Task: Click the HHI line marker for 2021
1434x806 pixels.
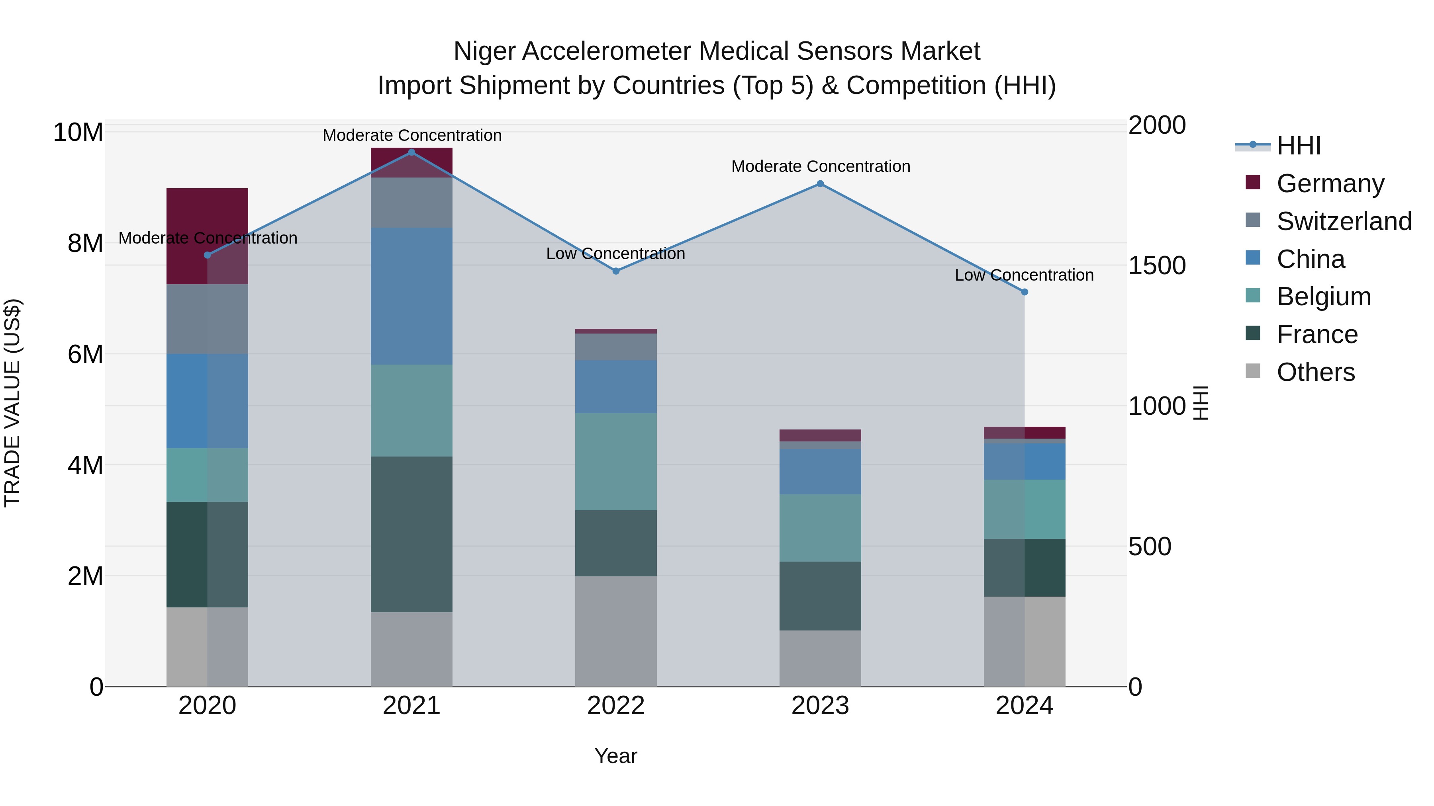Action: (411, 152)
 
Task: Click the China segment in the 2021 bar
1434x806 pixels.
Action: (411, 296)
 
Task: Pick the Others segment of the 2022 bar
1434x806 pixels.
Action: (616, 631)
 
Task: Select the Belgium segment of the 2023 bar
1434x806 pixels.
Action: (820, 527)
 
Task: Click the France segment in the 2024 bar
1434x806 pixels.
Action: (1024, 567)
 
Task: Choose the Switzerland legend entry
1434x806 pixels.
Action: (1344, 221)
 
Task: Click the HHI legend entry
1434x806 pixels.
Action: (1298, 146)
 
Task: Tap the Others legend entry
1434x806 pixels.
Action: (1315, 372)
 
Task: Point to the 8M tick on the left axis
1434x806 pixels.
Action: (85, 243)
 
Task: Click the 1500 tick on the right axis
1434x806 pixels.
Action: (1157, 265)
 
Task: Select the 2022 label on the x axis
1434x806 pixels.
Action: (616, 706)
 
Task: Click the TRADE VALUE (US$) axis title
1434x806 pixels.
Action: (12, 403)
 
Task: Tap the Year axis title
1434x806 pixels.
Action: (616, 756)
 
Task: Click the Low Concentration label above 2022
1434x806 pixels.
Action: (616, 254)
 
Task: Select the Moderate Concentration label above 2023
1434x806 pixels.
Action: (821, 166)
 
